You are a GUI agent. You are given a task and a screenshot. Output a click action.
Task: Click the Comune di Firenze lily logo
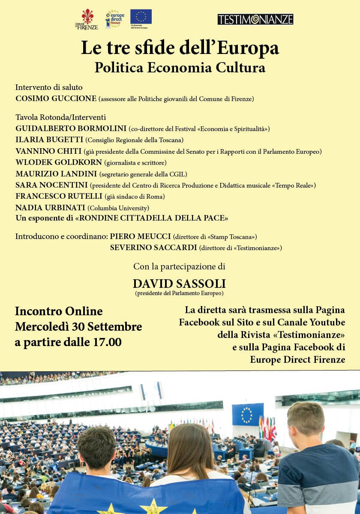pyautogui.click(x=87, y=19)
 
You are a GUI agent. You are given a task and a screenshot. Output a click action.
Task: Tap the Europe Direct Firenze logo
pyautogui.click(x=114, y=20)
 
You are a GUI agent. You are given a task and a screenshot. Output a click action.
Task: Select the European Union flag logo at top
pyautogui.click(x=141, y=17)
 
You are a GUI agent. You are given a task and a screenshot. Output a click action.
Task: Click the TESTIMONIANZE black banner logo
pyautogui.click(x=255, y=19)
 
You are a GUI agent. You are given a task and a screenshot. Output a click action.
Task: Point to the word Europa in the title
pyautogui.click(x=248, y=48)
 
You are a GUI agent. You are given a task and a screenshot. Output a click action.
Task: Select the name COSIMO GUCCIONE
pyautogui.click(x=56, y=99)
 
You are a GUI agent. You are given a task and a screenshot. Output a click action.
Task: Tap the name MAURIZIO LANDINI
pyautogui.click(x=56, y=174)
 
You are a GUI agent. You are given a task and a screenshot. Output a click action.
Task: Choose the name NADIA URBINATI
pyautogui.click(x=50, y=208)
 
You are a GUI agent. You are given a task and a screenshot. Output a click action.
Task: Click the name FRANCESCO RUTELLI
pyautogui.click(x=59, y=196)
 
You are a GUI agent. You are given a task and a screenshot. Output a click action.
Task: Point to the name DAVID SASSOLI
pyautogui.click(x=179, y=284)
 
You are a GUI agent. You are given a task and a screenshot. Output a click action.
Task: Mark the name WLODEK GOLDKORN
pyautogui.click(x=59, y=162)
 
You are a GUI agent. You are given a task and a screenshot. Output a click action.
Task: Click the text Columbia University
pyautogui.click(x=118, y=208)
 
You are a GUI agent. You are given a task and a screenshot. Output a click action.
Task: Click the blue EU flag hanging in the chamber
pyautogui.click(x=248, y=414)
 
